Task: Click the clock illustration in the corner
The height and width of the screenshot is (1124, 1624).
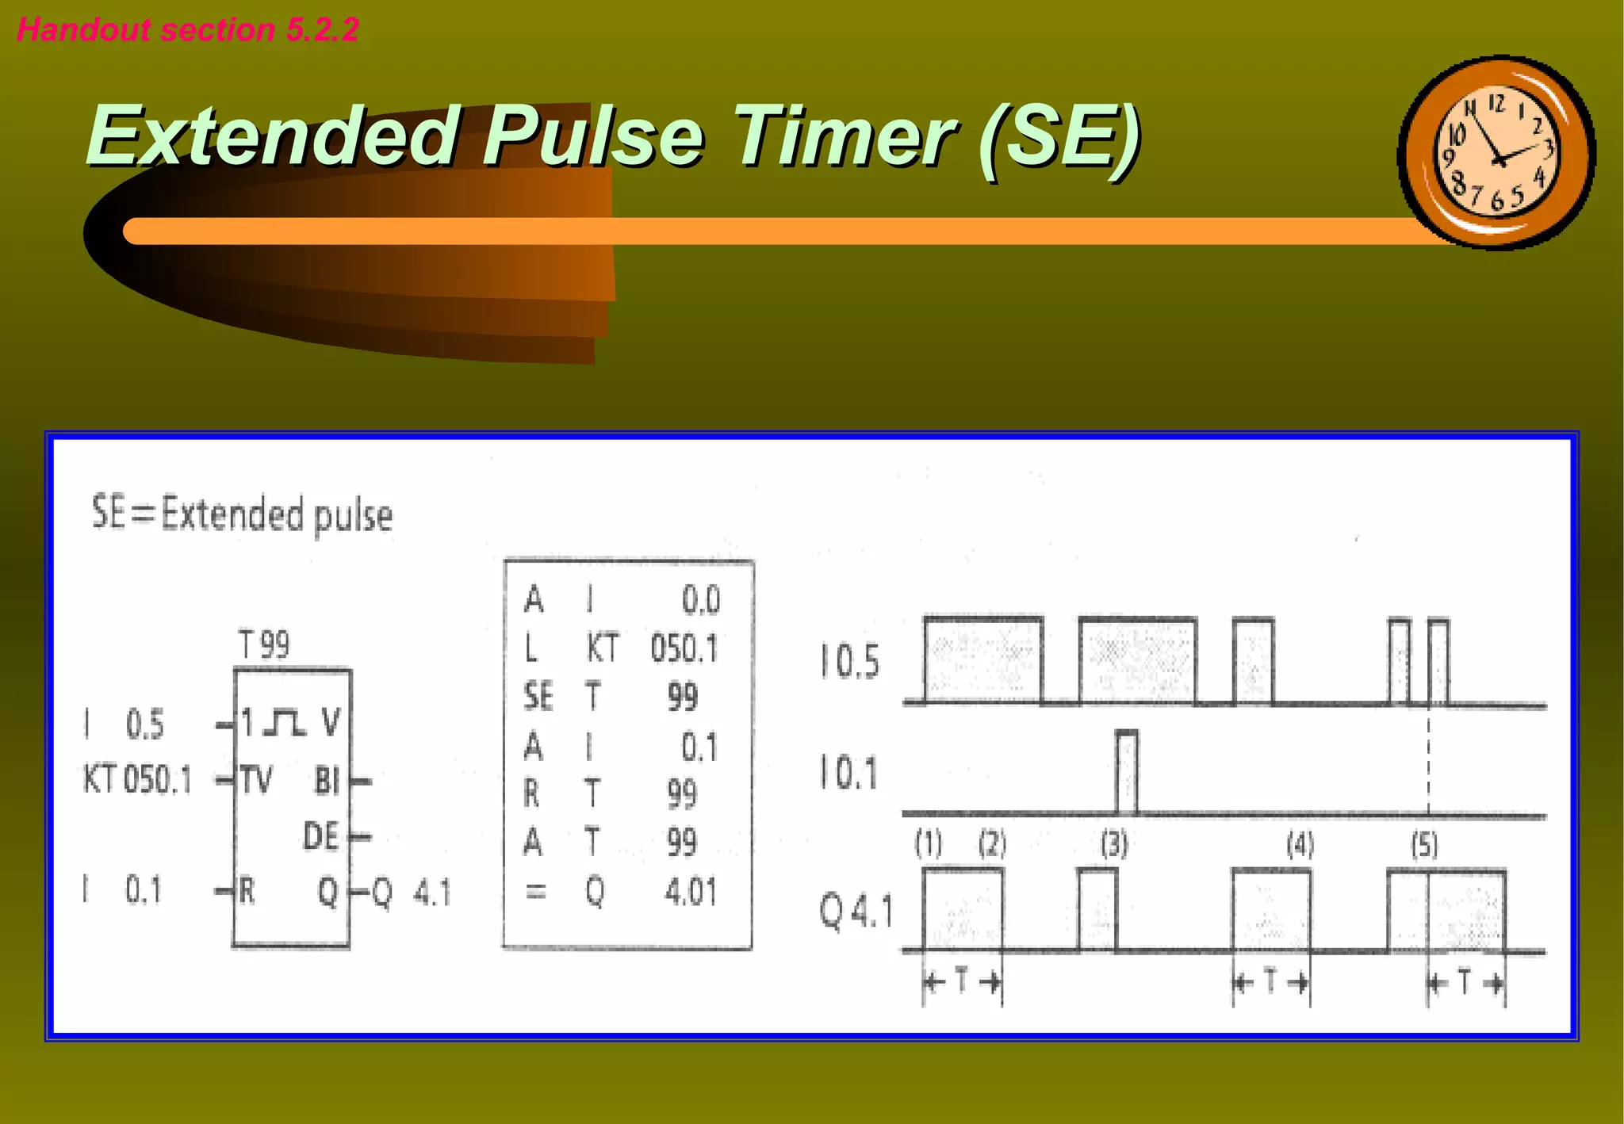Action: tap(1496, 152)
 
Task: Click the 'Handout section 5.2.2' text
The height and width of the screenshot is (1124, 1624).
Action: tap(188, 30)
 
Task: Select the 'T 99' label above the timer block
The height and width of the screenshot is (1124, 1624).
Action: tap(264, 644)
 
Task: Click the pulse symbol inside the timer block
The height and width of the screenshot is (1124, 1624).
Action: tap(283, 722)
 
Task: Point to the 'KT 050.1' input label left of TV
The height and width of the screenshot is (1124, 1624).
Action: tap(137, 780)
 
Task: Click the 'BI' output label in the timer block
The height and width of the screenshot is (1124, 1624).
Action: tap(327, 781)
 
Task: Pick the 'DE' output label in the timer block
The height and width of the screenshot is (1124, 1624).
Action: tap(321, 836)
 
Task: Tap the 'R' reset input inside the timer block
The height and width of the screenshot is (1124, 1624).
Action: tap(247, 892)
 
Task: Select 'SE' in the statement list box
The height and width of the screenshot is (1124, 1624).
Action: tap(538, 697)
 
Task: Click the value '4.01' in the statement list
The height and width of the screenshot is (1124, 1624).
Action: tap(691, 892)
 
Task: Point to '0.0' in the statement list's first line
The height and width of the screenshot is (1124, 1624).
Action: tap(701, 600)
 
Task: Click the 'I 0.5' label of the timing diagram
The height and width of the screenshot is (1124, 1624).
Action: tap(850, 662)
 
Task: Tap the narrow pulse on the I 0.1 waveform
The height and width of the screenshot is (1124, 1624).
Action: tap(1126, 771)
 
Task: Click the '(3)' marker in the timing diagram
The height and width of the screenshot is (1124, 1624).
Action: tap(1114, 845)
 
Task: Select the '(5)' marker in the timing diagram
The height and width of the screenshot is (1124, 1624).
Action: tap(1424, 845)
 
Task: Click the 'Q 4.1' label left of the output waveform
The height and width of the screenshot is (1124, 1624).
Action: tap(856, 912)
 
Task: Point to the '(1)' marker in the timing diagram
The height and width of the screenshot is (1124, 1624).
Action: tap(929, 844)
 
